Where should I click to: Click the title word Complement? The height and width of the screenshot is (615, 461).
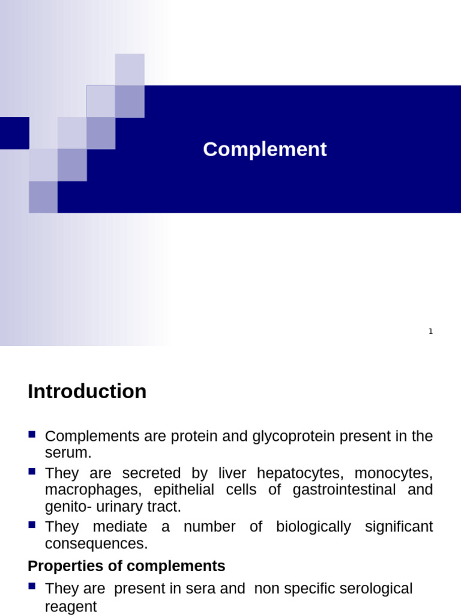265,150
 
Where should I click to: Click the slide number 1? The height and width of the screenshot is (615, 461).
430,332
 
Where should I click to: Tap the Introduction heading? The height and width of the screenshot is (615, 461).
87,392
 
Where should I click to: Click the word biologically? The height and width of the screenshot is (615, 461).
313,527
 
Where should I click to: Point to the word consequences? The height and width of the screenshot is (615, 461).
95,544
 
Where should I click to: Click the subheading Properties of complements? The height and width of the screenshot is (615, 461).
127,566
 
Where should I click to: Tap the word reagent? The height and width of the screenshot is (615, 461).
71,607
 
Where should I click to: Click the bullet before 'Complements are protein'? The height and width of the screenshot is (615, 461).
32,434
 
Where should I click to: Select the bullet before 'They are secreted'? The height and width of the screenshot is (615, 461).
32,470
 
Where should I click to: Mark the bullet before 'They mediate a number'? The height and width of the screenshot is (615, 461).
32,524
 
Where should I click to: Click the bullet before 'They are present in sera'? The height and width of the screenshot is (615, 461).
32,586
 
